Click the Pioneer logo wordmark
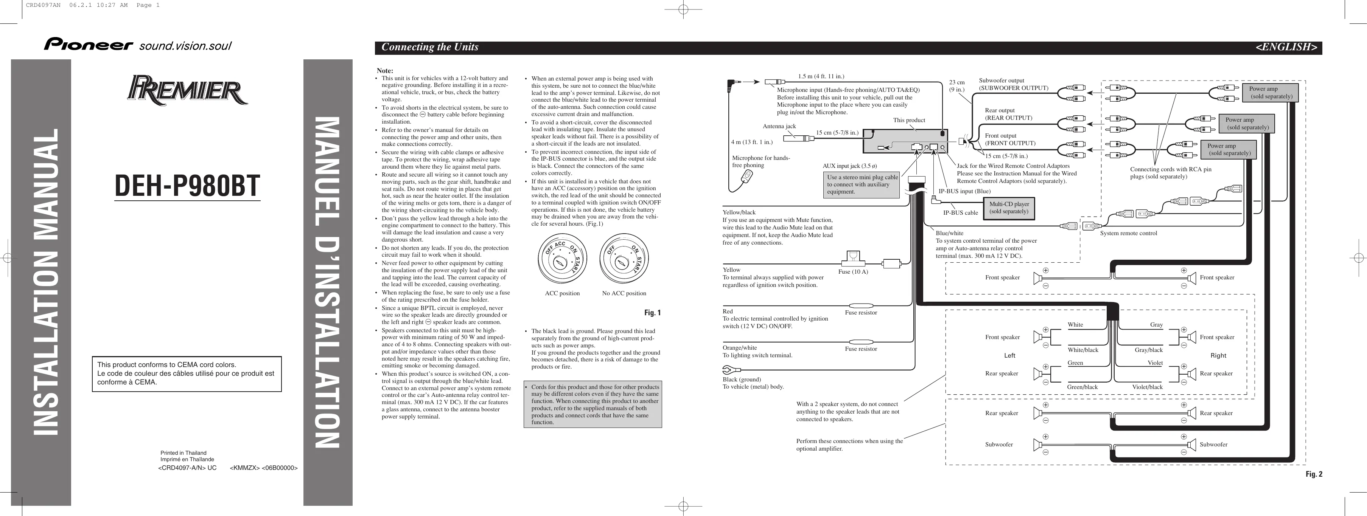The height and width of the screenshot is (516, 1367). pyautogui.click(x=88, y=45)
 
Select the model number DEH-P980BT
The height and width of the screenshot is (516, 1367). pyautogui.click(x=187, y=185)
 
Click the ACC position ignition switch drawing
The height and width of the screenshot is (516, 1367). pyautogui.click(x=562, y=260)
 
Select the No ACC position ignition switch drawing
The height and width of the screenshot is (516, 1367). pyautogui.click(x=624, y=260)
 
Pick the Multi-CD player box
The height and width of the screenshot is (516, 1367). pyautogui.click(x=1009, y=208)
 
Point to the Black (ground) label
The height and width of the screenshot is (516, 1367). pyautogui.click(x=741, y=379)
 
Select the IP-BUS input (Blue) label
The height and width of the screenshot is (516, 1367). pyautogui.click(x=964, y=191)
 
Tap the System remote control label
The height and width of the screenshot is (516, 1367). pyautogui.click(x=1128, y=233)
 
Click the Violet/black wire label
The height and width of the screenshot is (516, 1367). pyautogui.click(x=1147, y=387)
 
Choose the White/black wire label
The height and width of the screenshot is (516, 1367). pyautogui.click(x=1082, y=350)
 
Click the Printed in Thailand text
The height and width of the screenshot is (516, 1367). pyautogui.click(x=183, y=453)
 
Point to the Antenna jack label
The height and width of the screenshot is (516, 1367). pyautogui.click(x=779, y=126)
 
